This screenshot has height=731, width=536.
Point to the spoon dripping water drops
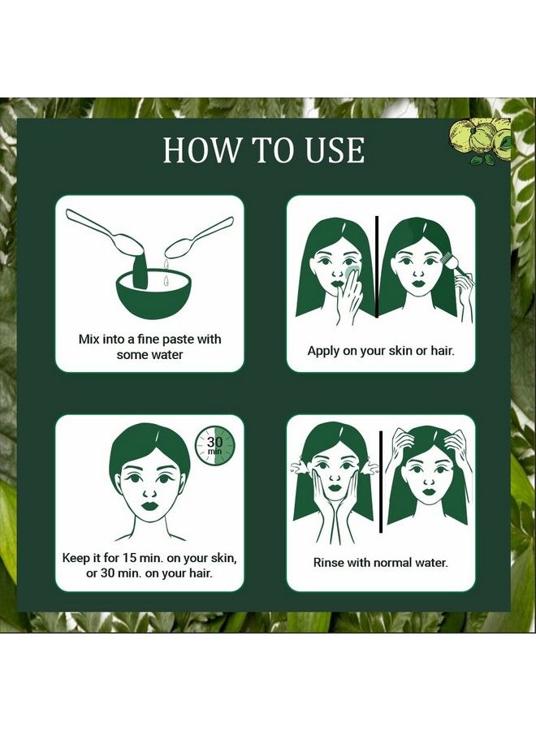click(201, 238)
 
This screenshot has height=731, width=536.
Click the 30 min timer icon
click(215, 446)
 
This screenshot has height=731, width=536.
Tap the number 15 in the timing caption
click(129, 557)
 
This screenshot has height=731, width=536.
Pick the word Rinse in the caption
click(327, 563)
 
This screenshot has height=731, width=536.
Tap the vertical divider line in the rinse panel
click(382, 482)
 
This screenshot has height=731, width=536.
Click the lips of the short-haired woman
click(150, 505)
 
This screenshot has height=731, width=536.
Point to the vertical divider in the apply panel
click(377, 267)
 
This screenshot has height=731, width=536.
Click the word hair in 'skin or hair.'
click(441, 351)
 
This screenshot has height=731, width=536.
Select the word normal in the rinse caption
click(389, 563)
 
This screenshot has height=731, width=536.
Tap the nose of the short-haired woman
click(149, 492)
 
